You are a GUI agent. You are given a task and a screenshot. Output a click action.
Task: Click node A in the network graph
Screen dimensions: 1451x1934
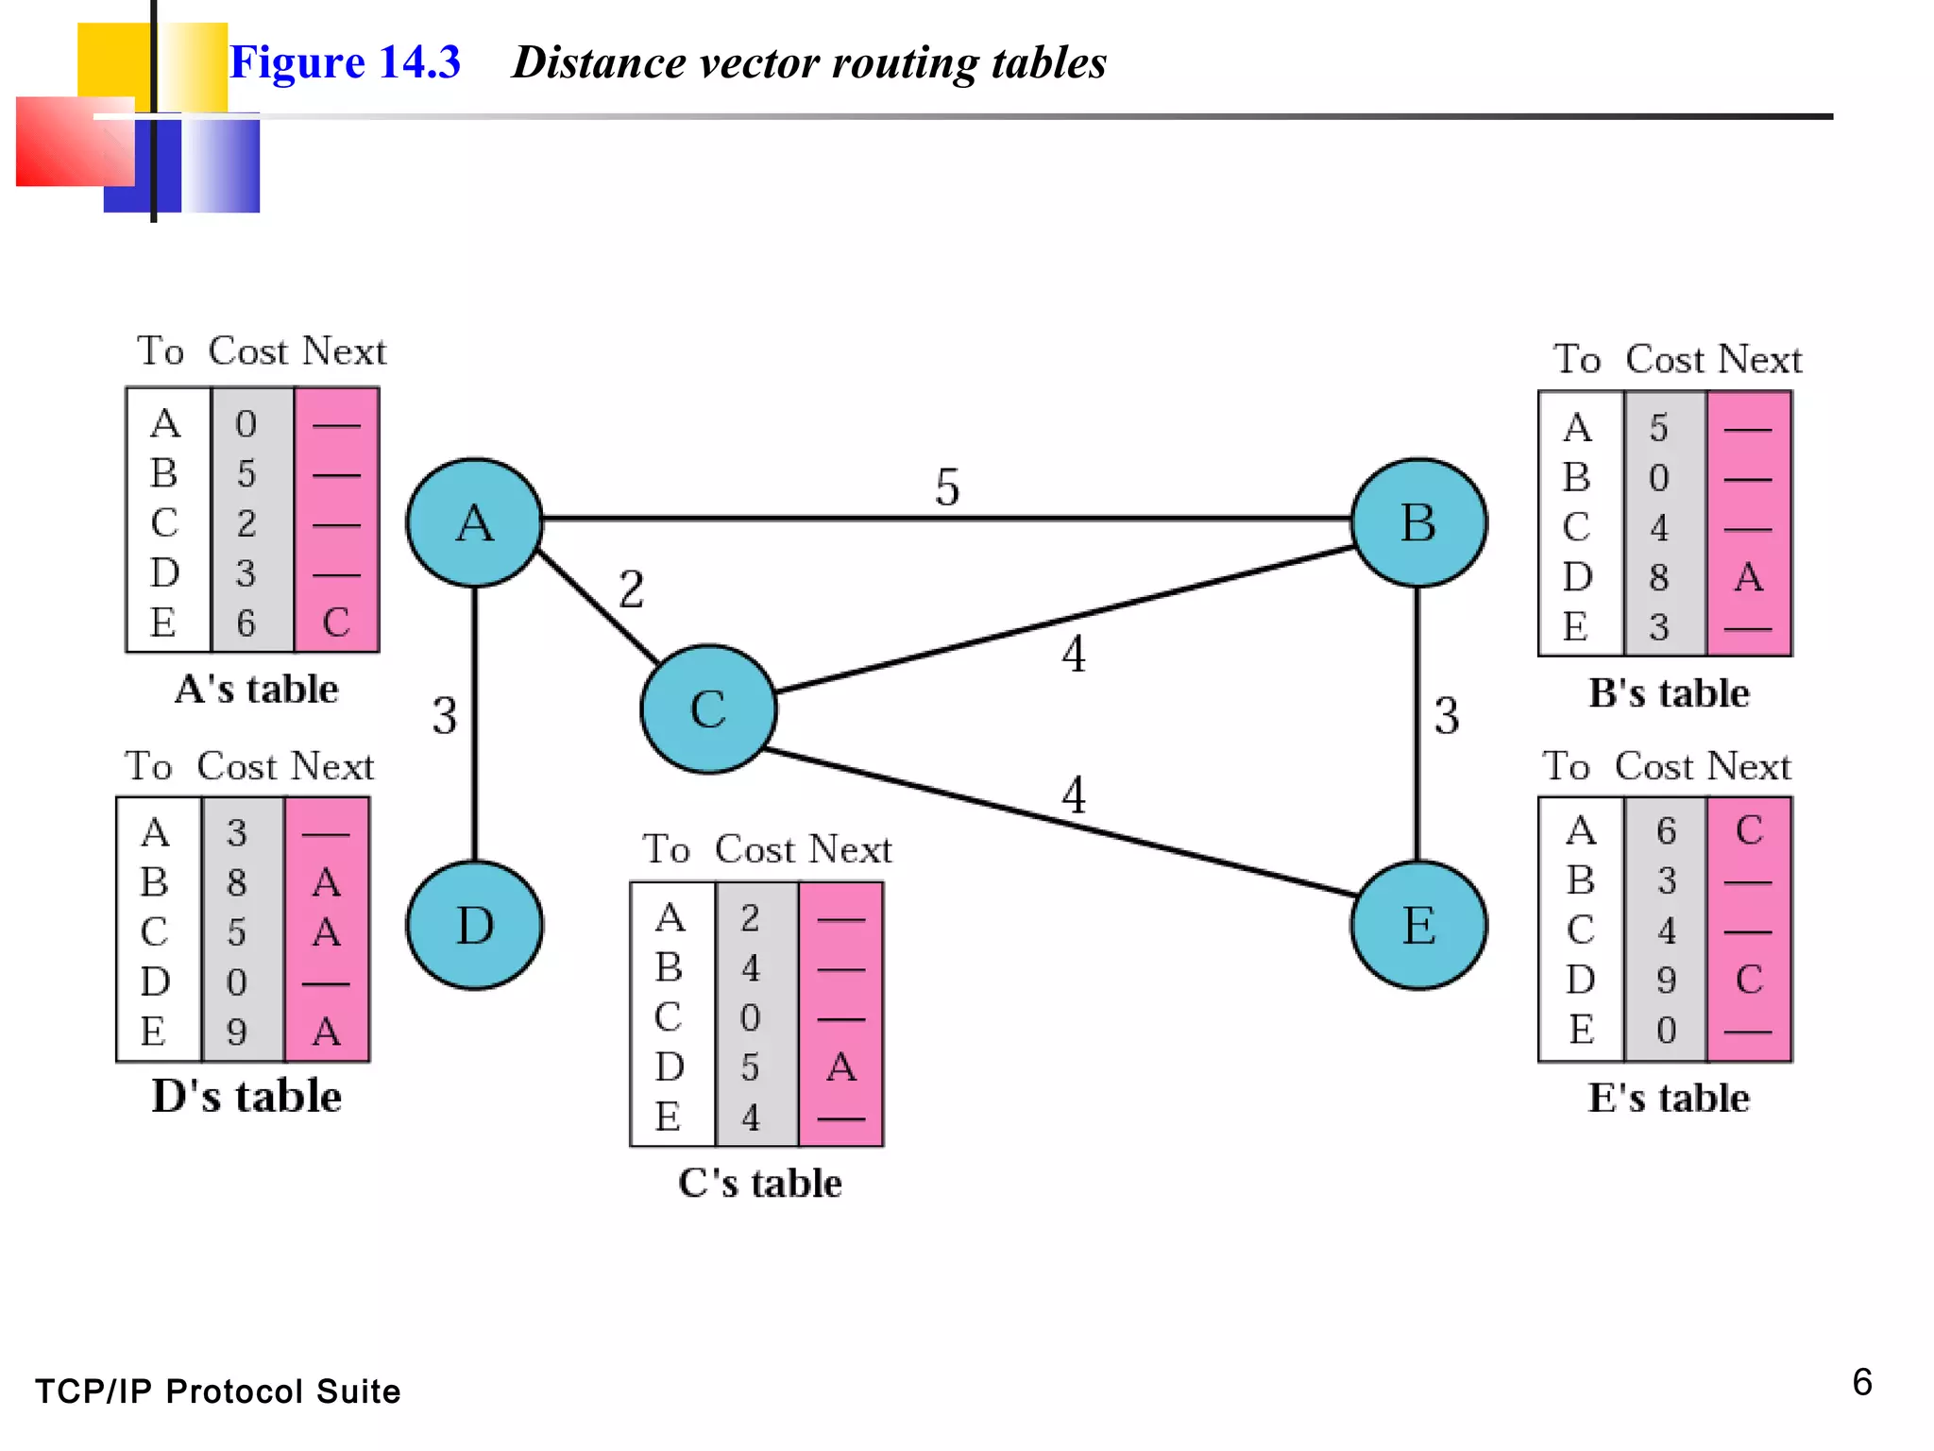[475, 522]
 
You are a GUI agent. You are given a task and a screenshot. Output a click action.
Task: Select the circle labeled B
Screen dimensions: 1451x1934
[1418, 522]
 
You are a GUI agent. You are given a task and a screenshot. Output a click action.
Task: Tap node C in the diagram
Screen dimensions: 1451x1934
[708, 709]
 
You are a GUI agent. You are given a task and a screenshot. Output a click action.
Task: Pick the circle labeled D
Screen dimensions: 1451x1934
[475, 925]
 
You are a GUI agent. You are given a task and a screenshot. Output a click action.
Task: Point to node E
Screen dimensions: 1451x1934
[1418, 925]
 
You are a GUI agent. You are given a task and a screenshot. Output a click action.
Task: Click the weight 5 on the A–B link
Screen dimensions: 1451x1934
[947, 487]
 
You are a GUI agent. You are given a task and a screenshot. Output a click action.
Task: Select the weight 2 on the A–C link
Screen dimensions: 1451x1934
[631, 589]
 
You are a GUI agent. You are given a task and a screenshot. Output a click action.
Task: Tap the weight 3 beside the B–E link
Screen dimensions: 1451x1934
[1447, 716]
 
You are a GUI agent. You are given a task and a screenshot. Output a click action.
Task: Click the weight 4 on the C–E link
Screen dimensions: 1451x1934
[1073, 794]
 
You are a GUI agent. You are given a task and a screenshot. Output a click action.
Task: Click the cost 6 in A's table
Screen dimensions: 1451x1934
[246, 623]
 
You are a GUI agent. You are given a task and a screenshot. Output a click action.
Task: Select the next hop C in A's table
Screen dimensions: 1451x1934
[336, 623]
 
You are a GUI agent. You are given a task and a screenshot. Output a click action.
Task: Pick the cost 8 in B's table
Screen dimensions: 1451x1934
[1659, 577]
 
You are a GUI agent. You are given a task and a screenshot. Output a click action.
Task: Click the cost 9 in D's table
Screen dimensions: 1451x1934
[237, 1032]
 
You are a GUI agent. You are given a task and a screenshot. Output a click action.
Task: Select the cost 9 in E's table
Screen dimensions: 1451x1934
[1667, 981]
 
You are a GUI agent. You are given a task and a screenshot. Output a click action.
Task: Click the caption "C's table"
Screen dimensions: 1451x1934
[759, 1184]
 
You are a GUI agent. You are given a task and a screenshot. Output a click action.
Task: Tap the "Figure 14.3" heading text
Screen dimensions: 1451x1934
[345, 62]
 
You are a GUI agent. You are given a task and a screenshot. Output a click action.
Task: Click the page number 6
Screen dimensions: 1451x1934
[1861, 1382]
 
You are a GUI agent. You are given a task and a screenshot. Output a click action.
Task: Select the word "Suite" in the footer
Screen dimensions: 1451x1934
[358, 1391]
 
